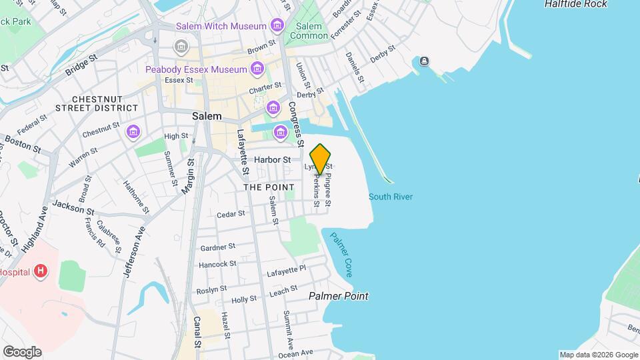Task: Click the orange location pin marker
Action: tap(321, 159)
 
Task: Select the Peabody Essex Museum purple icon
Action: tap(257, 69)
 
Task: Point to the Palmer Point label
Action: tap(338, 296)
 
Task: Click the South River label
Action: tap(391, 197)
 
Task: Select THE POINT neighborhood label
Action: tap(269, 187)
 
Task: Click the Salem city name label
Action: tap(207, 115)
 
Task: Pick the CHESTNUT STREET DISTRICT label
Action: tap(97, 103)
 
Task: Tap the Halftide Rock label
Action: tap(575, 4)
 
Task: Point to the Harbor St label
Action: tap(273, 160)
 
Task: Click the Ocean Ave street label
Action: tap(297, 353)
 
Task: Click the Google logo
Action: tap(22, 352)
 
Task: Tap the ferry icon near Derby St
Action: tap(424, 62)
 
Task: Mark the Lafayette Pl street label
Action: tap(286, 270)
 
